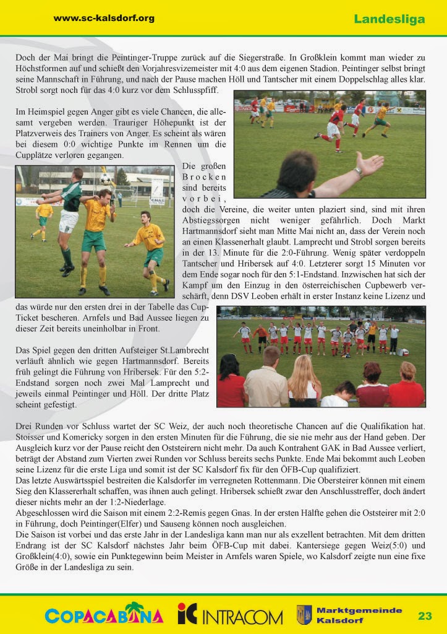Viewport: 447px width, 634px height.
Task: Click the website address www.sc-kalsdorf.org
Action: tap(104, 18)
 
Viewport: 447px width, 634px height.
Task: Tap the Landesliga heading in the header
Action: tap(390, 19)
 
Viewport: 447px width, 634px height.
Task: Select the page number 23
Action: tap(425, 615)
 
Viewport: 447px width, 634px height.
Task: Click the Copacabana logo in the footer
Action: tap(104, 615)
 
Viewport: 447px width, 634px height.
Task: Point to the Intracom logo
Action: tap(230, 615)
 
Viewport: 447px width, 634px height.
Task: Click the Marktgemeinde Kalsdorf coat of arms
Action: tap(304, 615)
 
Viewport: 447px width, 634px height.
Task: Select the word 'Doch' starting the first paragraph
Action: tap(25, 57)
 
